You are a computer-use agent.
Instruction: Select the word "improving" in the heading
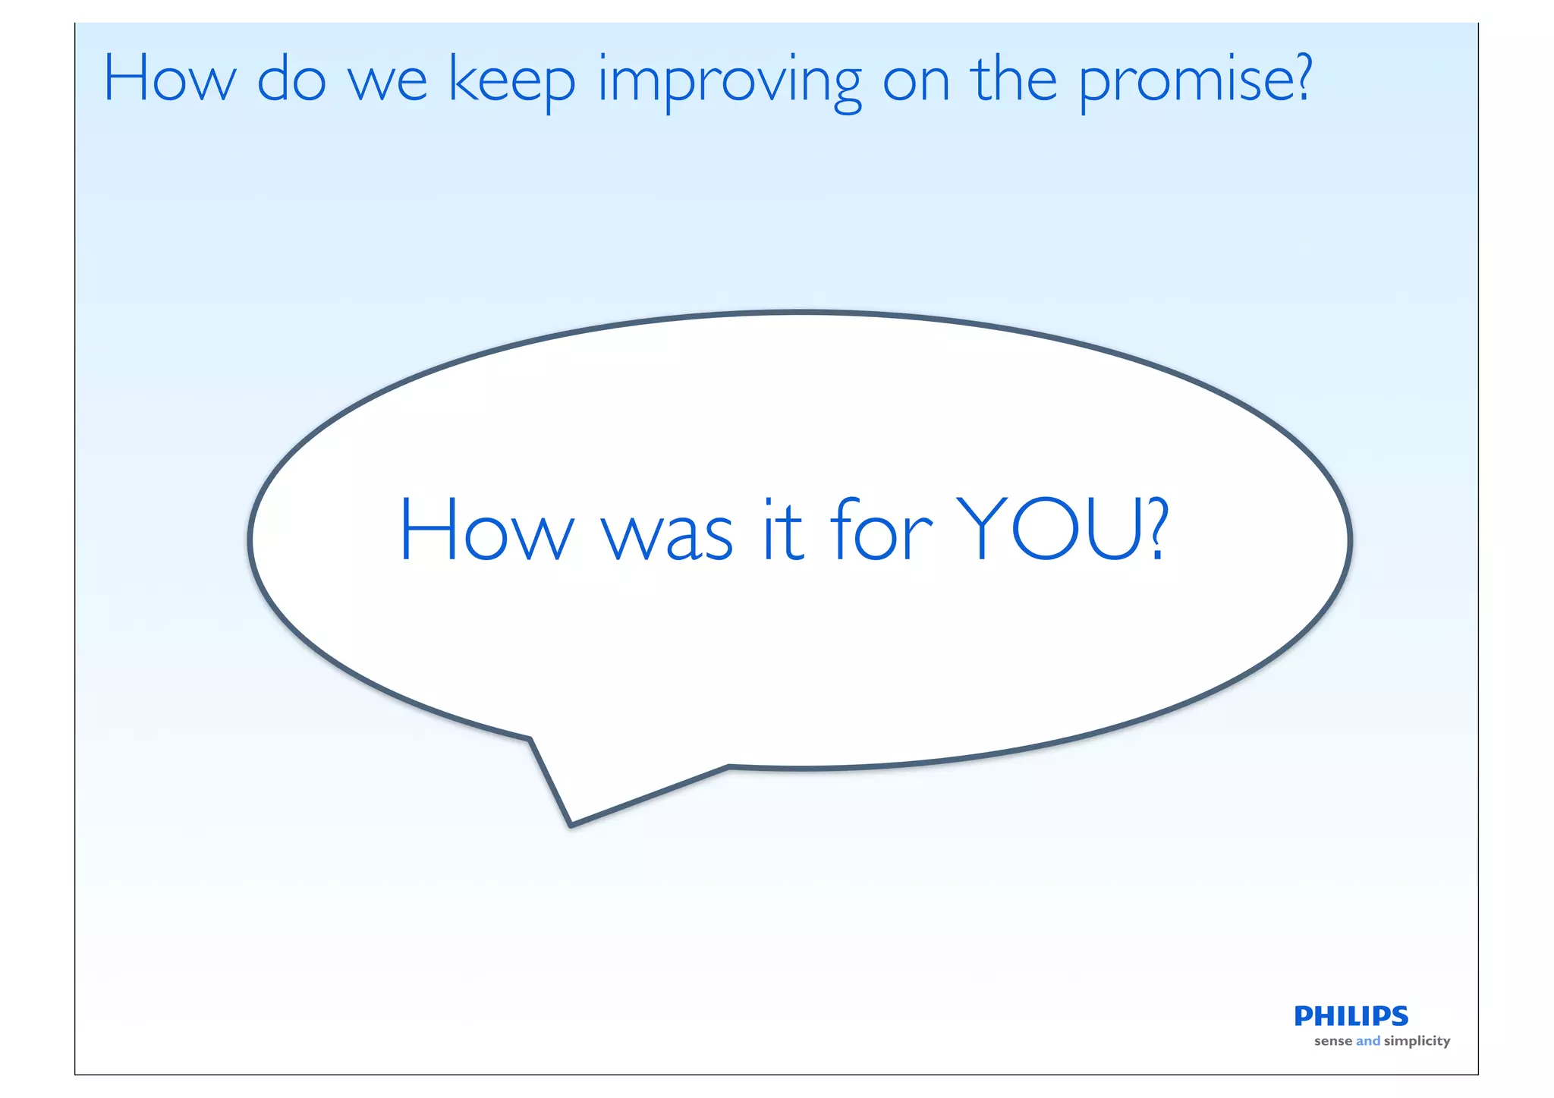click(x=730, y=81)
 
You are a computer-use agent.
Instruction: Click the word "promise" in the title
click(x=1184, y=81)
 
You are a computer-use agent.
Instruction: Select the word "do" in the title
click(x=291, y=79)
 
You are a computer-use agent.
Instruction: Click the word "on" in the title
click(x=916, y=83)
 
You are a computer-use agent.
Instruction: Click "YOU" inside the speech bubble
click(x=1050, y=529)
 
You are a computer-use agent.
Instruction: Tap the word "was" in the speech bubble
click(x=668, y=536)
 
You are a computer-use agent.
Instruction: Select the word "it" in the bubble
click(x=782, y=530)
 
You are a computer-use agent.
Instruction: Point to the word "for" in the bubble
click(x=880, y=529)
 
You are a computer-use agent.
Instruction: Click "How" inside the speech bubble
click(x=486, y=529)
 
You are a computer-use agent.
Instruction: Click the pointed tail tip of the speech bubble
click(x=571, y=824)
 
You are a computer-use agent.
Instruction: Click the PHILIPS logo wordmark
click(x=1351, y=1015)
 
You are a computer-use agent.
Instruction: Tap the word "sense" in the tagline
click(x=1333, y=1041)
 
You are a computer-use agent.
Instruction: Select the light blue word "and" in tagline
click(x=1368, y=1041)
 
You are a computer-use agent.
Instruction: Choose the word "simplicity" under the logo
click(x=1417, y=1041)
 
